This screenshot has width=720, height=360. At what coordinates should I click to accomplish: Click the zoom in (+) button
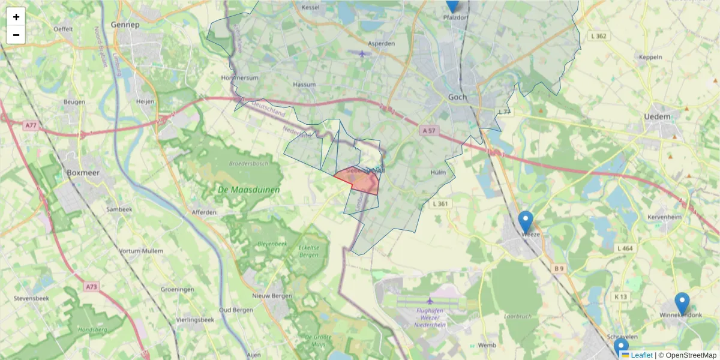click(16, 17)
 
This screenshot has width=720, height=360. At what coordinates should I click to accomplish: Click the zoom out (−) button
click(16, 35)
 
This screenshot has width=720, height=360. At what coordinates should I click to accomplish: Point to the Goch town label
click(458, 97)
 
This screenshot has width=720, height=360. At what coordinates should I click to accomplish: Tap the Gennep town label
click(125, 25)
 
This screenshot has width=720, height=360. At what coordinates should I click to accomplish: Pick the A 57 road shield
click(428, 130)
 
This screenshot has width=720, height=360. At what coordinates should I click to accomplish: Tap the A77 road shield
click(31, 125)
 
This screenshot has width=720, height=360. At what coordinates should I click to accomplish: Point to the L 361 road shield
click(440, 204)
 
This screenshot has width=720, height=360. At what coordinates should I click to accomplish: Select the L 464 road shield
click(625, 248)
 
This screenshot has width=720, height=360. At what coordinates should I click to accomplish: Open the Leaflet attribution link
click(641, 355)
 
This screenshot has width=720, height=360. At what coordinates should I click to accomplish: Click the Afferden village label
click(204, 212)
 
